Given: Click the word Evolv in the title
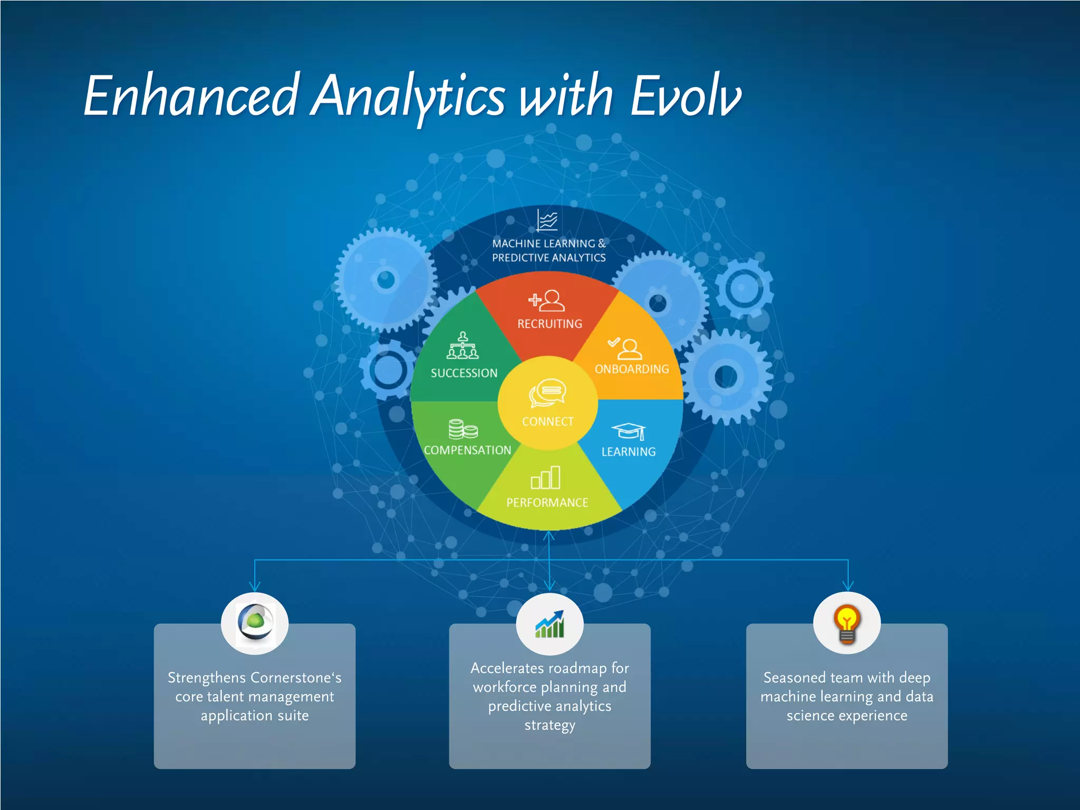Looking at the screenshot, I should click(x=686, y=96).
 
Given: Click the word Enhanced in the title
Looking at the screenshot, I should click(x=191, y=96).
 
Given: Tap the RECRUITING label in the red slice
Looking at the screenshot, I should click(x=549, y=324).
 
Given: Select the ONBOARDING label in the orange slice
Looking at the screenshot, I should click(x=632, y=369).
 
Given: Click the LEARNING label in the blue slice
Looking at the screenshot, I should click(x=629, y=452).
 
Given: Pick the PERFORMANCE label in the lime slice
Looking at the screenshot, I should click(x=547, y=503).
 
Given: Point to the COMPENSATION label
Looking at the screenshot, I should click(x=467, y=450).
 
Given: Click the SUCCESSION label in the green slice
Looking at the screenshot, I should click(x=464, y=373).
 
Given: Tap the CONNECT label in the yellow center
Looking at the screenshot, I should click(x=547, y=421).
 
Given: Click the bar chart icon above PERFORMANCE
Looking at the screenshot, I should click(x=546, y=477).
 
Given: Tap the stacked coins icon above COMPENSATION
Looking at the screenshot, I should click(x=463, y=429).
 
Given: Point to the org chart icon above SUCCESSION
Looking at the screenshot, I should click(x=463, y=346).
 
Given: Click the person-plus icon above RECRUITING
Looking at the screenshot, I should click(x=547, y=300).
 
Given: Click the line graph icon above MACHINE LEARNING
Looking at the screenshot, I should click(x=547, y=220).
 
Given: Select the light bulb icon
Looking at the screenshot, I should click(x=847, y=624).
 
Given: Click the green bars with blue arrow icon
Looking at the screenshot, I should click(x=549, y=624).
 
